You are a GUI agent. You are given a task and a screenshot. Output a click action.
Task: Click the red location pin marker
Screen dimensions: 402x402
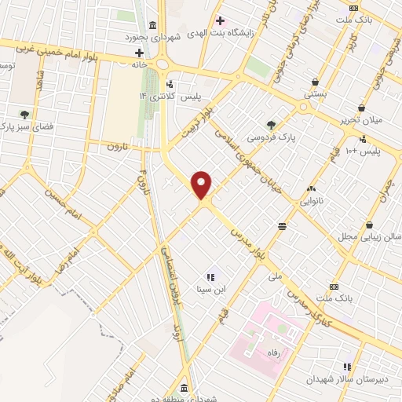(202, 185)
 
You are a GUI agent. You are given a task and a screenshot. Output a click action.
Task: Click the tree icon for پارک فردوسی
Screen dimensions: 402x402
(271, 124)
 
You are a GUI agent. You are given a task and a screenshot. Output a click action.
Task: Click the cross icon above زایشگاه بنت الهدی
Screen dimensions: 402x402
(221, 21)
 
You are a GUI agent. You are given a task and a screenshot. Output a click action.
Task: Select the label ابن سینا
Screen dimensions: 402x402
(210, 289)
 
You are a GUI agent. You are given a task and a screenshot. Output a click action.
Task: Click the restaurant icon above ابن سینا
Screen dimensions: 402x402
(210, 276)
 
